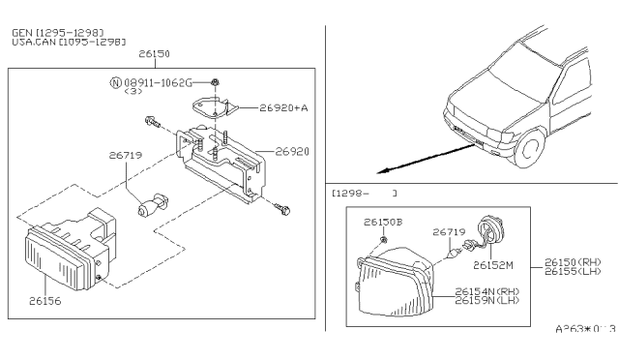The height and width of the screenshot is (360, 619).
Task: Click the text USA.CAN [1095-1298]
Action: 69,43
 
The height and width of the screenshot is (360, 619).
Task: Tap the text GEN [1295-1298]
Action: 57,32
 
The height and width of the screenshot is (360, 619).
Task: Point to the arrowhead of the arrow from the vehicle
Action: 383,169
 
